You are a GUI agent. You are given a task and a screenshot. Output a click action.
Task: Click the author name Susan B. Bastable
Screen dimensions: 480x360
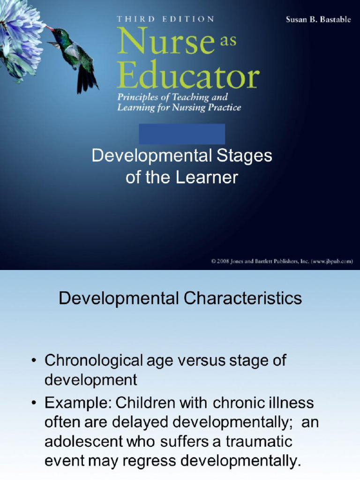coord(318,20)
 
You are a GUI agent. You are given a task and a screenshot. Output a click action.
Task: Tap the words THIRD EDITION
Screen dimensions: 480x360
coord(165,19)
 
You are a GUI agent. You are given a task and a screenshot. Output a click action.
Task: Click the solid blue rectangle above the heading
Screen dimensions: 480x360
coord(182,134)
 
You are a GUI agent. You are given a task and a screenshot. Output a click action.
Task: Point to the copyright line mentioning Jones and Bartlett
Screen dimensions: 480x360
coord(282,261)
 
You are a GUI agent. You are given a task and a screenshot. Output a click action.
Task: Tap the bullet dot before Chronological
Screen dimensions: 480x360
coord(34,361)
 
